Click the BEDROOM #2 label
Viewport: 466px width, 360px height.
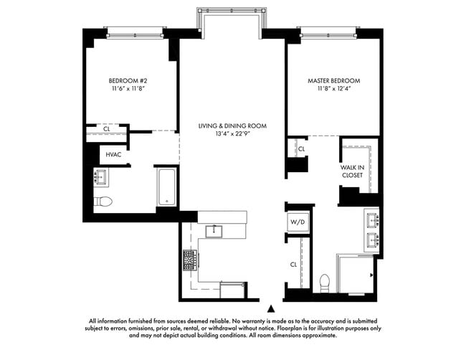pos(129,80)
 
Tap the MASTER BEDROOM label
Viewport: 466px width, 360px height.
pos(334,80)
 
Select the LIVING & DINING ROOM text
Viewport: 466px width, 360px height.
pos(232,126)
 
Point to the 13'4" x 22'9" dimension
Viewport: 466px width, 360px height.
pos(232,134)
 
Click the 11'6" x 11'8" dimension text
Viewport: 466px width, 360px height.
pos(129,89)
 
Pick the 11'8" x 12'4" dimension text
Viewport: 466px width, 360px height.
pos(334,89)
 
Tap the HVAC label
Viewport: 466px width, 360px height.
pos(113,154)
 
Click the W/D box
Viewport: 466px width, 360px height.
pos(297,222)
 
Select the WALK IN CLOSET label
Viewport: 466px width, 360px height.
pos(353,171)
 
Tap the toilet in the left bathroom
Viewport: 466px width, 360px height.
pos(103,202)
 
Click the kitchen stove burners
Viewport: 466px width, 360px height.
pos(191,260)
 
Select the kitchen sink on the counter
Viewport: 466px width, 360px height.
pos(213,230)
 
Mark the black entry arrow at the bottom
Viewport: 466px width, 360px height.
pos(270,307)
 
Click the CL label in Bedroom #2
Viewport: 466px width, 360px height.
pos(107,130)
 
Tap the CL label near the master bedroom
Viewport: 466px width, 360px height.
pos(301,149)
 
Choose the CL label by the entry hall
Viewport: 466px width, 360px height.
pos(293,264)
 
